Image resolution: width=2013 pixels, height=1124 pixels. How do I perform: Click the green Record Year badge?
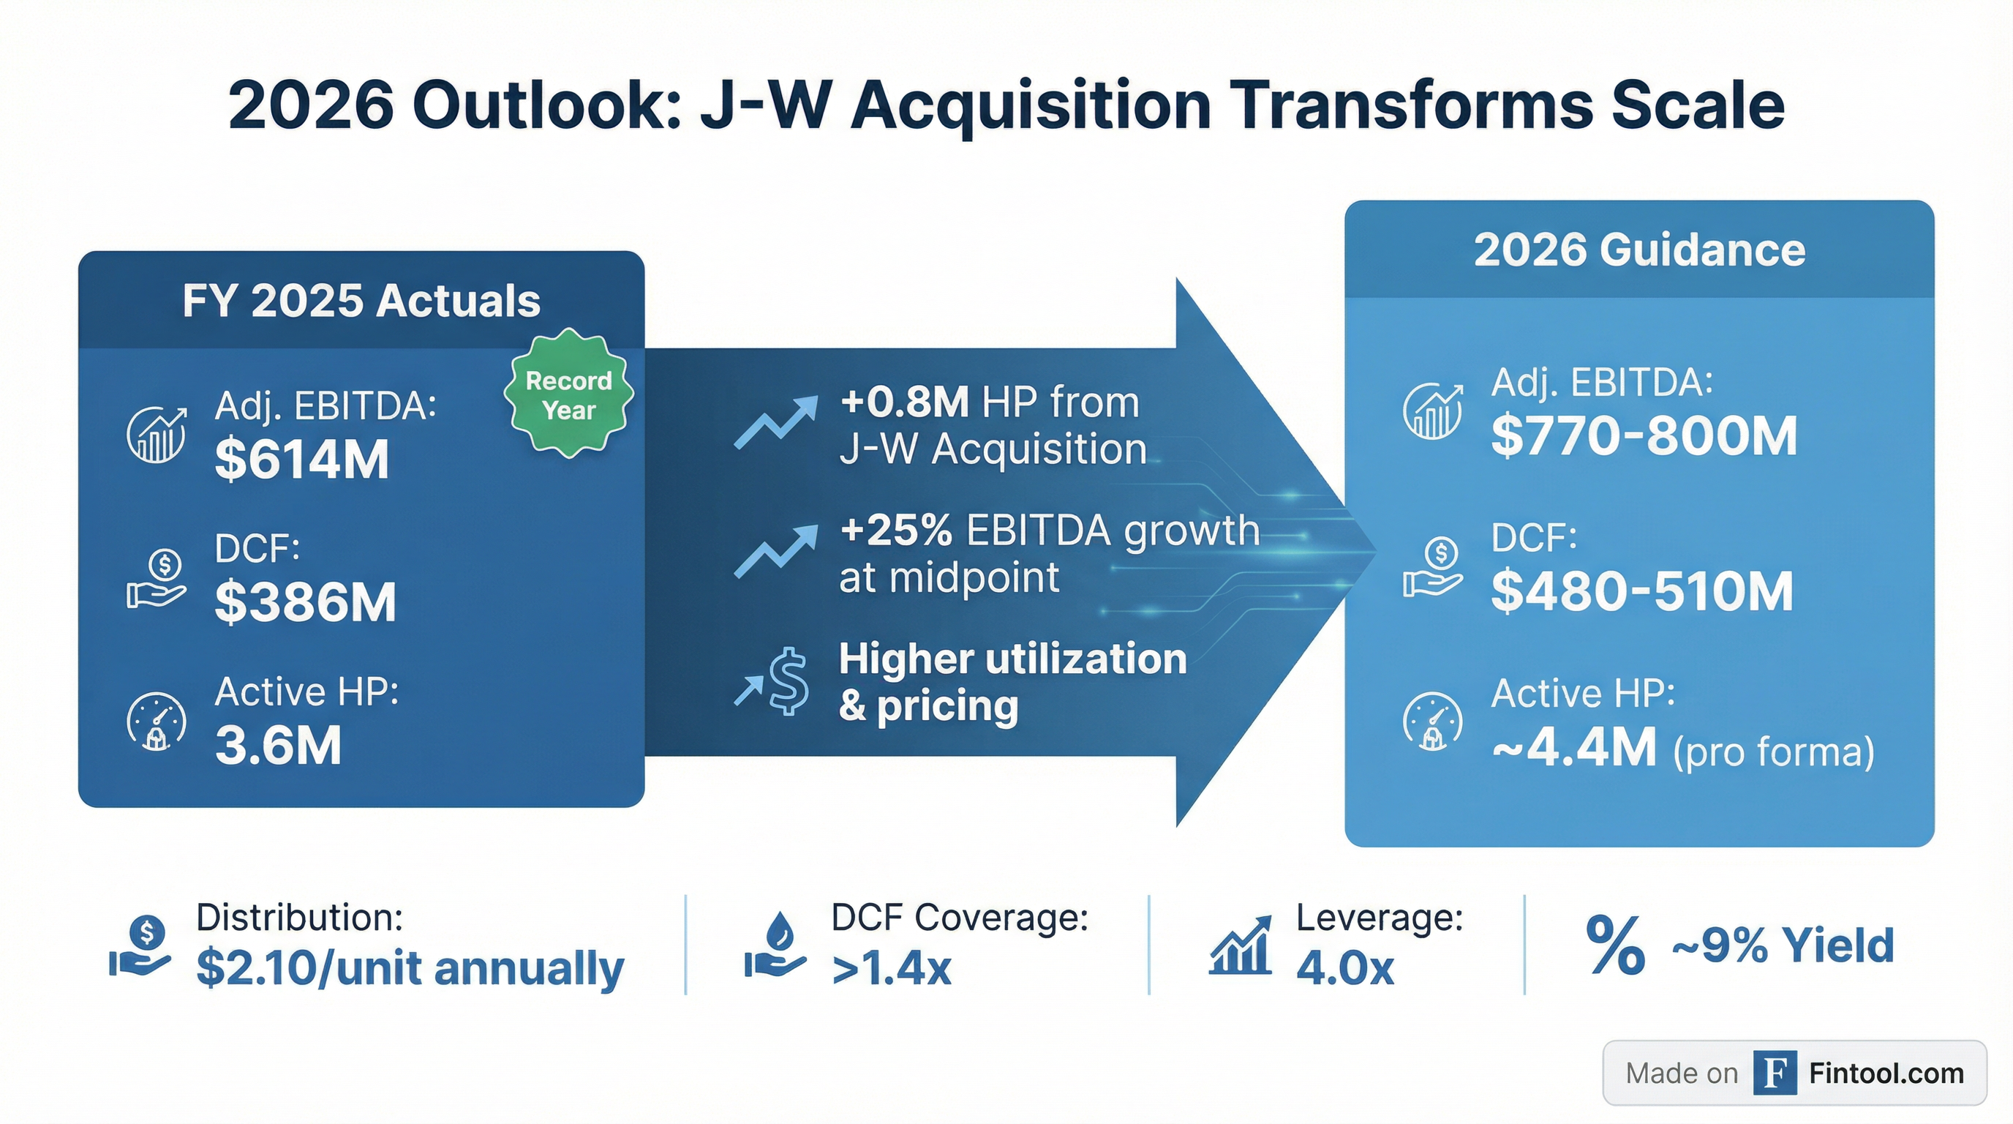tap(569, 393)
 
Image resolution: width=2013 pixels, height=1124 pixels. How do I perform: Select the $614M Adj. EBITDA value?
tap(301, 459)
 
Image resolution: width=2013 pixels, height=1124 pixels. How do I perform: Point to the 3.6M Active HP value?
tap(278, 745)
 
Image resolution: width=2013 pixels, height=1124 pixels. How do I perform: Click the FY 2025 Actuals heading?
tap(361, 301)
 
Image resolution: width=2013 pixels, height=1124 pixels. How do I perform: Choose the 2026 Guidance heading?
tap(1639, 250)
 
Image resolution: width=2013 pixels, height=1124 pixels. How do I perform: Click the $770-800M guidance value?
tap(1644, 435)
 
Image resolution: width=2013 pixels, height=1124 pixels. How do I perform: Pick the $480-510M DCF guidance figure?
tap(1642, 591)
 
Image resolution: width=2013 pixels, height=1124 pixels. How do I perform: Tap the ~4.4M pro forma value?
tap(1574, 747)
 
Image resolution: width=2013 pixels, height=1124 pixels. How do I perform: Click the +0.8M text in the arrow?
tap(905, 402)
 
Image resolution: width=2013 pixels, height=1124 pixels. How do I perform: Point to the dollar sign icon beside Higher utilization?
tap(789, 681)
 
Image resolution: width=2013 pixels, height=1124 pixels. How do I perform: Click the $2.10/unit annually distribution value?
tap(410, 968)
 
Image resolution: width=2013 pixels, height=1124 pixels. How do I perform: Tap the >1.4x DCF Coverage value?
tap(892, 968)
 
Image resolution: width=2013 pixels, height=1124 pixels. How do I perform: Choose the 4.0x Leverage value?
tap(1345, 968)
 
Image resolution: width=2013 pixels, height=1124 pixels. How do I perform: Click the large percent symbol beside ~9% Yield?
tap(1615, 945)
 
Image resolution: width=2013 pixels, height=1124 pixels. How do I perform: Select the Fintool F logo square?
tap(1775, 1074)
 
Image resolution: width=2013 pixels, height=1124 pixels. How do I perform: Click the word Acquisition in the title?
tap(1031, 105)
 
